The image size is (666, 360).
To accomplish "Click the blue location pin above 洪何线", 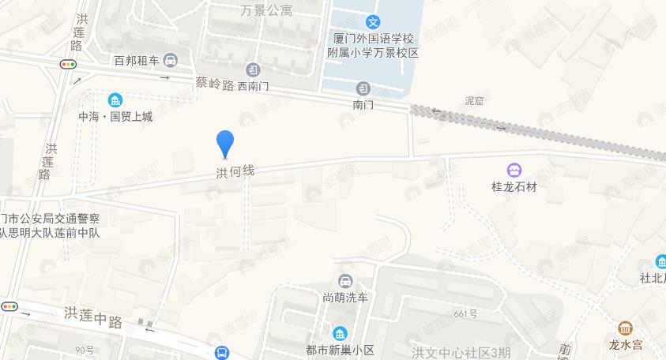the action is pyautogui.click(x=225, y=144).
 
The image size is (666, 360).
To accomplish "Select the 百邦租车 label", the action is pyautogui.click(x=137, y=61).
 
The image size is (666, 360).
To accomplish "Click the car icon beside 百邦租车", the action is pyautogui.click(x=171, y=61).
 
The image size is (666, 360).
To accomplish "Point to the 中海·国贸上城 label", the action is pyautogui.click(x=115, y=117).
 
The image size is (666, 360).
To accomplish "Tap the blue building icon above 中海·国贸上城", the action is pyautogui.click(x=115, y=100).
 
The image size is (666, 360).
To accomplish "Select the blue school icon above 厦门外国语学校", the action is pyautogui.click(x=373, y=23).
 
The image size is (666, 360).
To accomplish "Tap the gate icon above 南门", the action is pyautogui.click(x=363, y=88).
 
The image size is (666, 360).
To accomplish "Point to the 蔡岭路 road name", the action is pyautogui.click(x=214, y=84).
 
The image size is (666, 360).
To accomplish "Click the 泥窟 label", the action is pyautogui.click(x=474, y=101).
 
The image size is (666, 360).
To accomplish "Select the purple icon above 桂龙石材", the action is pyautogui.click(x=514, y=170).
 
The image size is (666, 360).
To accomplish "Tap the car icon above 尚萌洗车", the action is pyautogui.click(x=345, y=281).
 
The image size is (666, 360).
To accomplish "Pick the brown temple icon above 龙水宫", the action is pyautogui.click(x=625, y=328).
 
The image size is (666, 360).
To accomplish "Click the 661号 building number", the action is pyautogui.click(x=466, y=313).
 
